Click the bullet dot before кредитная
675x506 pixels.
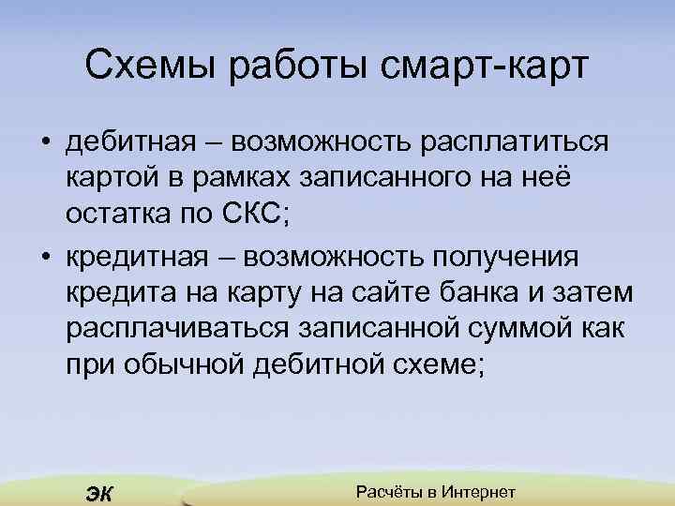(44, 258)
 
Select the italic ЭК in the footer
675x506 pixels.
(97, 494)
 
